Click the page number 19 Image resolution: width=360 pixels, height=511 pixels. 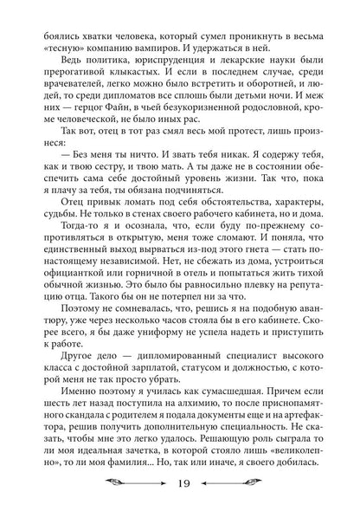coord(180,484)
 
